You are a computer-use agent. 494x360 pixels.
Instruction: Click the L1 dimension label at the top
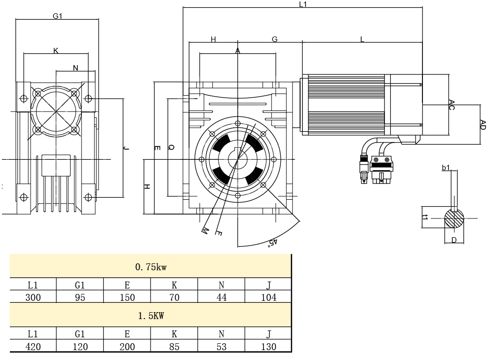[303, 4]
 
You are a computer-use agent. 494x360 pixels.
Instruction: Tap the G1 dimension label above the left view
[58, 16]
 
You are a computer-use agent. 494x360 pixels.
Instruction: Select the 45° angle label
[271, 242]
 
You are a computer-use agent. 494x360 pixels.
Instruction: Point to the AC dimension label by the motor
[452, 104]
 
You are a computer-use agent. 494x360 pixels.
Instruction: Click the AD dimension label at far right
[483, 124]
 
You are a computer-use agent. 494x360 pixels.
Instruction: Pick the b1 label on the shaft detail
[446, 168]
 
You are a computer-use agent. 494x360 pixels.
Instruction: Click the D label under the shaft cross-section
[454, 240]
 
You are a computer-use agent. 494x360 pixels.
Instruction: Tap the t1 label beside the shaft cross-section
[424, 218]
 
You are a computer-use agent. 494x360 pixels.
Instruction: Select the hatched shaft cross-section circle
[454, 218]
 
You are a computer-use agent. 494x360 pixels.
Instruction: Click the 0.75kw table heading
[150, 267]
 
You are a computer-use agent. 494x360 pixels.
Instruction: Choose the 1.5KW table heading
[150, 315]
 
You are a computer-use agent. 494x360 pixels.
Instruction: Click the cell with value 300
[33, 297]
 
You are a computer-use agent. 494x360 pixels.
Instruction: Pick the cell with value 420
[33, 346]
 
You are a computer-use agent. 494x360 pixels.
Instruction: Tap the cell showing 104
[268, 297]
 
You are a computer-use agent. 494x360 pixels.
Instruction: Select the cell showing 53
[222, 346]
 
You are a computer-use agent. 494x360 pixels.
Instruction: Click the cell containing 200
[127, 346]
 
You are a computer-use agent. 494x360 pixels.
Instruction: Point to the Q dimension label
[171, 146]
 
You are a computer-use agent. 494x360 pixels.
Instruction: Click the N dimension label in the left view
[76, 68]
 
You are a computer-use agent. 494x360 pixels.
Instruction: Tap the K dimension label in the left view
[56, 50]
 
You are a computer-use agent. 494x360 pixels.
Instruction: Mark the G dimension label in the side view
[274, 39]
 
